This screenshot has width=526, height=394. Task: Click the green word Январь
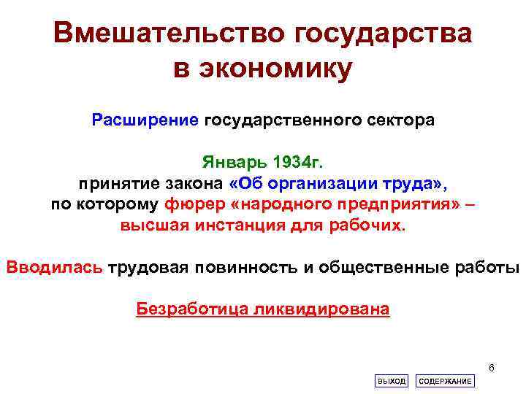click(234, 160)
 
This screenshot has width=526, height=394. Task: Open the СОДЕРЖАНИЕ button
click(445, 381)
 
